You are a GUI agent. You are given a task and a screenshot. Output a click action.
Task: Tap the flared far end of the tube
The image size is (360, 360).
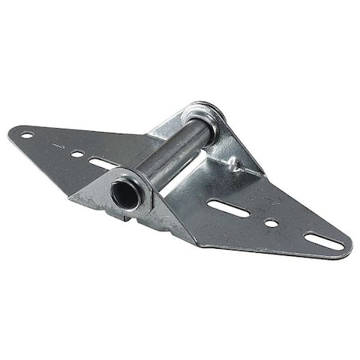pos(210,111)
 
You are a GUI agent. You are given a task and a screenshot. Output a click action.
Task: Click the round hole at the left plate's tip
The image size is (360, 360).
pos(26,134)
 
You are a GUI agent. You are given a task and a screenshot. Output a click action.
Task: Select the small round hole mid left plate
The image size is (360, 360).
pos(76,154)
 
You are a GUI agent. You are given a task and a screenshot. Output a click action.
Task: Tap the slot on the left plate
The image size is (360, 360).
pos(102,165)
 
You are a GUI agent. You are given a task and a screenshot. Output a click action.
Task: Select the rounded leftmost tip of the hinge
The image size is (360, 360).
pos(11,133)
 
